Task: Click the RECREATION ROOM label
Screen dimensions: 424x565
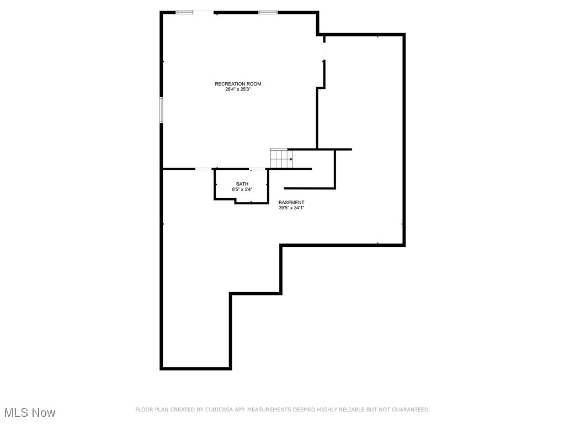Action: pos(238,84)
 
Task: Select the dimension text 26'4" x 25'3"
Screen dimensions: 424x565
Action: pos(238,89)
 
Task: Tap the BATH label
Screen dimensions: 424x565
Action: pos(242,184)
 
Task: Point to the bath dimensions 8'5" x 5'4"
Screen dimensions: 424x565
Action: pos(242,189)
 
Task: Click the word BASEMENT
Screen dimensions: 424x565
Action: pos(291,203)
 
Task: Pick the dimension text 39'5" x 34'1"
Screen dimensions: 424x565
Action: pos(291,208)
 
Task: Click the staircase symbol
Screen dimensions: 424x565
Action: pos(281,158)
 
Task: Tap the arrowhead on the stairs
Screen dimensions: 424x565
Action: pos(291,159)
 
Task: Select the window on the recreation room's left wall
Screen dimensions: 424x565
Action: pos(162,110)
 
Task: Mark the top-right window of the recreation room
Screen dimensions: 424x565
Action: pos(268,12)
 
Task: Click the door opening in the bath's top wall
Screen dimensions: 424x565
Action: pos(257,168)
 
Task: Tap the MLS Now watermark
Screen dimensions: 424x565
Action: pos(30,412)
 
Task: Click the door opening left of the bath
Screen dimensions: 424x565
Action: pos(204,168)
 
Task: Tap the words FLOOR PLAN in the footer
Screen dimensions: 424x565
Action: pos(151,410)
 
